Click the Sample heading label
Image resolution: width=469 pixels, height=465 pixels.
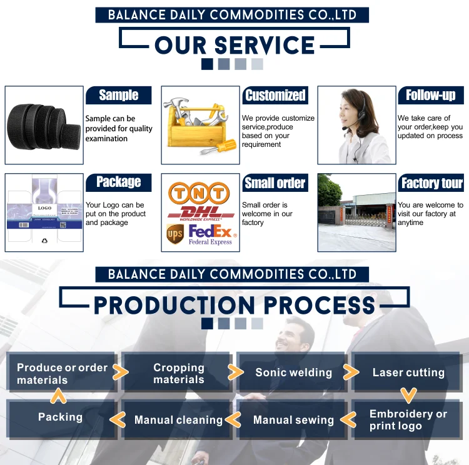[x=118, y=95]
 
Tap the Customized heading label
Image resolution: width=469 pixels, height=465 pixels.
[x=275, y=95]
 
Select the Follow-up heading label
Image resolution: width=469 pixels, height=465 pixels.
[x=431, y=95]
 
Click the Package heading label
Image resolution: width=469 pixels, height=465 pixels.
[x=118, y=182]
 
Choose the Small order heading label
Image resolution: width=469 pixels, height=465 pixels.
[x=275, y=183]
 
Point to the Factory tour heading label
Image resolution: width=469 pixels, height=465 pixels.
[x=431, y=183]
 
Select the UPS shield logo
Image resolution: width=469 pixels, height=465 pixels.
[x=175, y=234]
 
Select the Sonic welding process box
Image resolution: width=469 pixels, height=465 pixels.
[x=293, y=372]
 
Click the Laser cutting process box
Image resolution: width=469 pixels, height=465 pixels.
[x=408, y=372]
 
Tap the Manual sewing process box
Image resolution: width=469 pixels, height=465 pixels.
[x=293, y=420]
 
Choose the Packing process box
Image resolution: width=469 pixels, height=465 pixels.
[x=60, y=417]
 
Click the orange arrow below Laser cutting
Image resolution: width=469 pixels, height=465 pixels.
[x=408, y=396]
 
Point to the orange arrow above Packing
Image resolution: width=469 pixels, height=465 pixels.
[x=58, y=396]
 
